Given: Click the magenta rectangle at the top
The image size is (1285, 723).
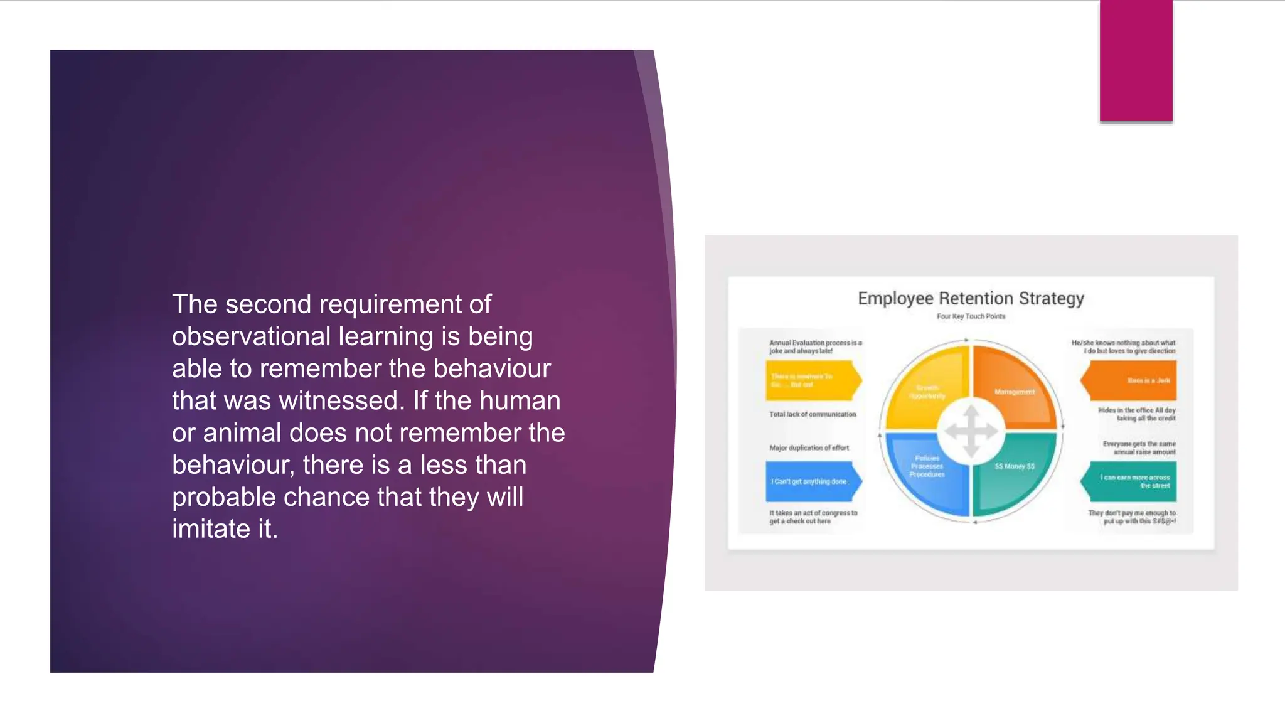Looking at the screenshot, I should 1136,60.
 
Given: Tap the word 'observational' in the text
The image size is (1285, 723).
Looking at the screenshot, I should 251,336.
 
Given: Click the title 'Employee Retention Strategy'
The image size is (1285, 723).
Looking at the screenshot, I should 971,298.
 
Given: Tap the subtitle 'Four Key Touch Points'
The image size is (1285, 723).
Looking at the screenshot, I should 971,316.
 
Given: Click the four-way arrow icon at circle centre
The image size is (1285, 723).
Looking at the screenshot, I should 971,431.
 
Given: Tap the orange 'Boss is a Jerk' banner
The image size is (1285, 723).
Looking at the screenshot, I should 1133,381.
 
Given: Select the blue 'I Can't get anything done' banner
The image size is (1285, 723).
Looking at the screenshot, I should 811,481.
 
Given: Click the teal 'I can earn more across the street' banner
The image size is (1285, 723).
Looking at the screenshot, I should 1133,481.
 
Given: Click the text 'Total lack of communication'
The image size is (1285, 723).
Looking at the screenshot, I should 813,414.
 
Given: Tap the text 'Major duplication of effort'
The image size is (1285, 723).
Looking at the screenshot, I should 809,448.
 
